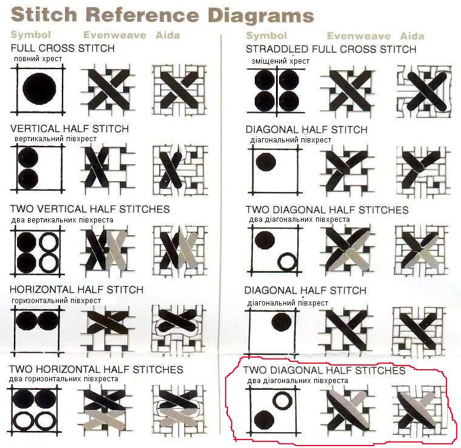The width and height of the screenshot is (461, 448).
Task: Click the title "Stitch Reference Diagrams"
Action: point(163,15)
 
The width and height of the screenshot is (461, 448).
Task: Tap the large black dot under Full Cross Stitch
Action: point(39,89)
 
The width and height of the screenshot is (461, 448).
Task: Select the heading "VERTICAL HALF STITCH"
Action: point(69,129)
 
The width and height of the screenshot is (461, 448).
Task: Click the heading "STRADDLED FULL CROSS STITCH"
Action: point(331,49)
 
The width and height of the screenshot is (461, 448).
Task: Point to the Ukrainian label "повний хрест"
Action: point(38,59)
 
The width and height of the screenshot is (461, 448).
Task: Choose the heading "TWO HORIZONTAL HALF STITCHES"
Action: point(96,369)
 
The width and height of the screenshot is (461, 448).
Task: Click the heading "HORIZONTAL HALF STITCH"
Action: point(76,290)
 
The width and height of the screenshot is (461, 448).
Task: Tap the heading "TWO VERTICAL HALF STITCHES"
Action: point(90,209)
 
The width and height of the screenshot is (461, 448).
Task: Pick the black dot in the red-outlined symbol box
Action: point(264,420)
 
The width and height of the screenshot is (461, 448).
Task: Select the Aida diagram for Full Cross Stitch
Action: point(180,90)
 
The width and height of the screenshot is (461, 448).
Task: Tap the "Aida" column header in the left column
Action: point(167,35)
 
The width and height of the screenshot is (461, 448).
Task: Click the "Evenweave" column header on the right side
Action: point(358,36)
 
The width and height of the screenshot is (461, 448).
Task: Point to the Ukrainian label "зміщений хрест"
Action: point(280,61)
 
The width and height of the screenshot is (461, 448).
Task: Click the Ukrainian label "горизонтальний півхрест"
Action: point(56,301)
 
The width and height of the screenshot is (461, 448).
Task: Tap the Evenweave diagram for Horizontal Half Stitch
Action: point(109,329)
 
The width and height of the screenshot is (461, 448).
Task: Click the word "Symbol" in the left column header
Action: point(31,35)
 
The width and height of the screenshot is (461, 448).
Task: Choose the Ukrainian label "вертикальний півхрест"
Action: point(56,139)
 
